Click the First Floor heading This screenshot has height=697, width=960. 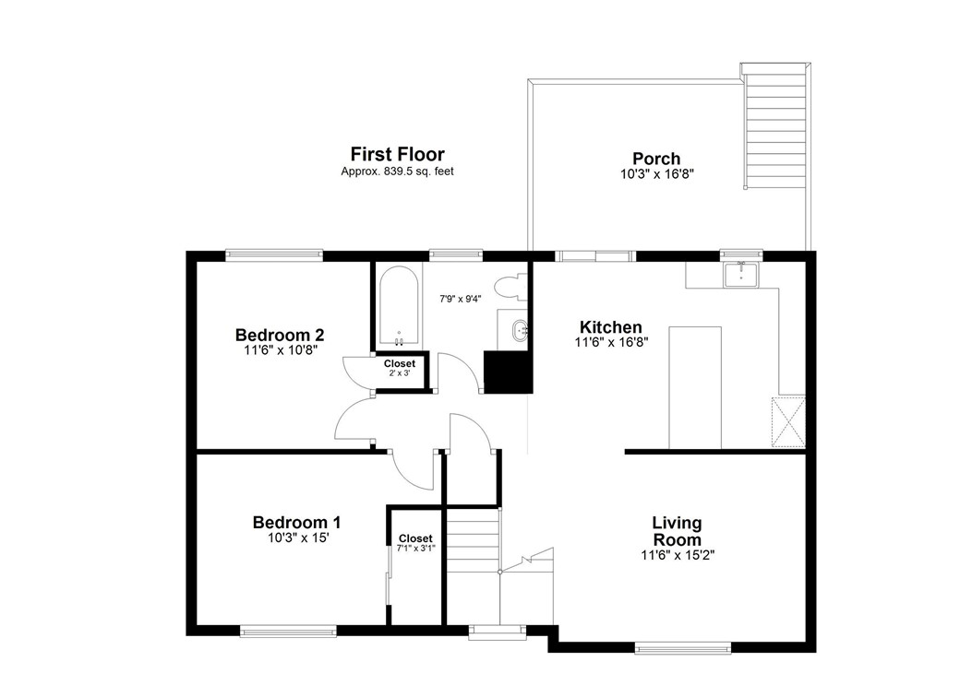[397, 154]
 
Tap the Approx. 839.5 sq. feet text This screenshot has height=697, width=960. [397, 171]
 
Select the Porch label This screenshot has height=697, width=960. [656, 159]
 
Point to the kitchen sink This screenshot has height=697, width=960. [741, 273]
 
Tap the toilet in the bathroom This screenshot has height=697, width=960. [509, 287]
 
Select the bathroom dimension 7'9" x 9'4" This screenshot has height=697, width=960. [461, 298]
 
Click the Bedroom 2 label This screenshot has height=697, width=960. [279, 335]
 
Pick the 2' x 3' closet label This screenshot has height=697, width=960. [400, 369]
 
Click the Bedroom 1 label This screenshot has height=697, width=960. [290, 523]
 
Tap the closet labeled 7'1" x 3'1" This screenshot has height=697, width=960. [415, 543]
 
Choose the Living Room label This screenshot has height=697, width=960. [677, 531]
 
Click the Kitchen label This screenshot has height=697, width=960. [610, 327]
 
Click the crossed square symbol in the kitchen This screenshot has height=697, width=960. [789, 419]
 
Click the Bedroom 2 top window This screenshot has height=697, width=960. [274, 255]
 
